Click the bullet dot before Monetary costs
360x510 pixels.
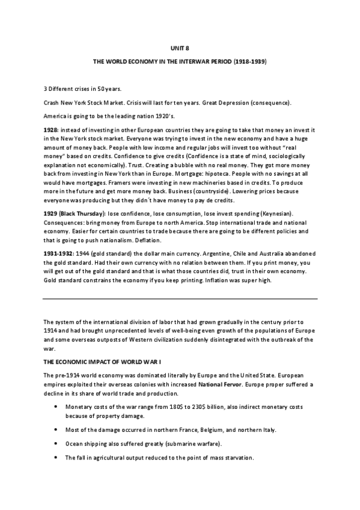point(55,407)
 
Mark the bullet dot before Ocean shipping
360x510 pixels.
point(55,444)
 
